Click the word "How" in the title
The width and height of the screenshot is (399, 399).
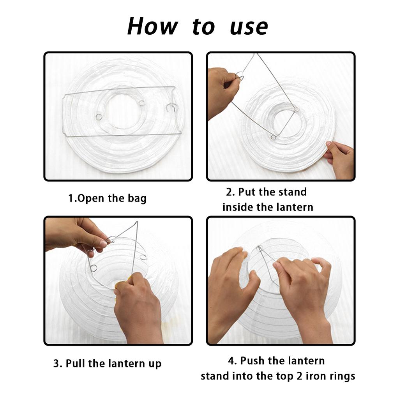coord(152,26)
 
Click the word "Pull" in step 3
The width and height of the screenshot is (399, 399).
coord(76,363)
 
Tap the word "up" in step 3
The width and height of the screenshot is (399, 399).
coord(155,364)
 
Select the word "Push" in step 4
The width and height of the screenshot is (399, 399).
coord(252,360)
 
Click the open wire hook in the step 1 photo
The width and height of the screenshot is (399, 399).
coord(173,108)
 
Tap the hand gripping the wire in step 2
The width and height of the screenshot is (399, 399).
coord(222,92)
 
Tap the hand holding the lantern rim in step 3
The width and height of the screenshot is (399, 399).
coord(139,308)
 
